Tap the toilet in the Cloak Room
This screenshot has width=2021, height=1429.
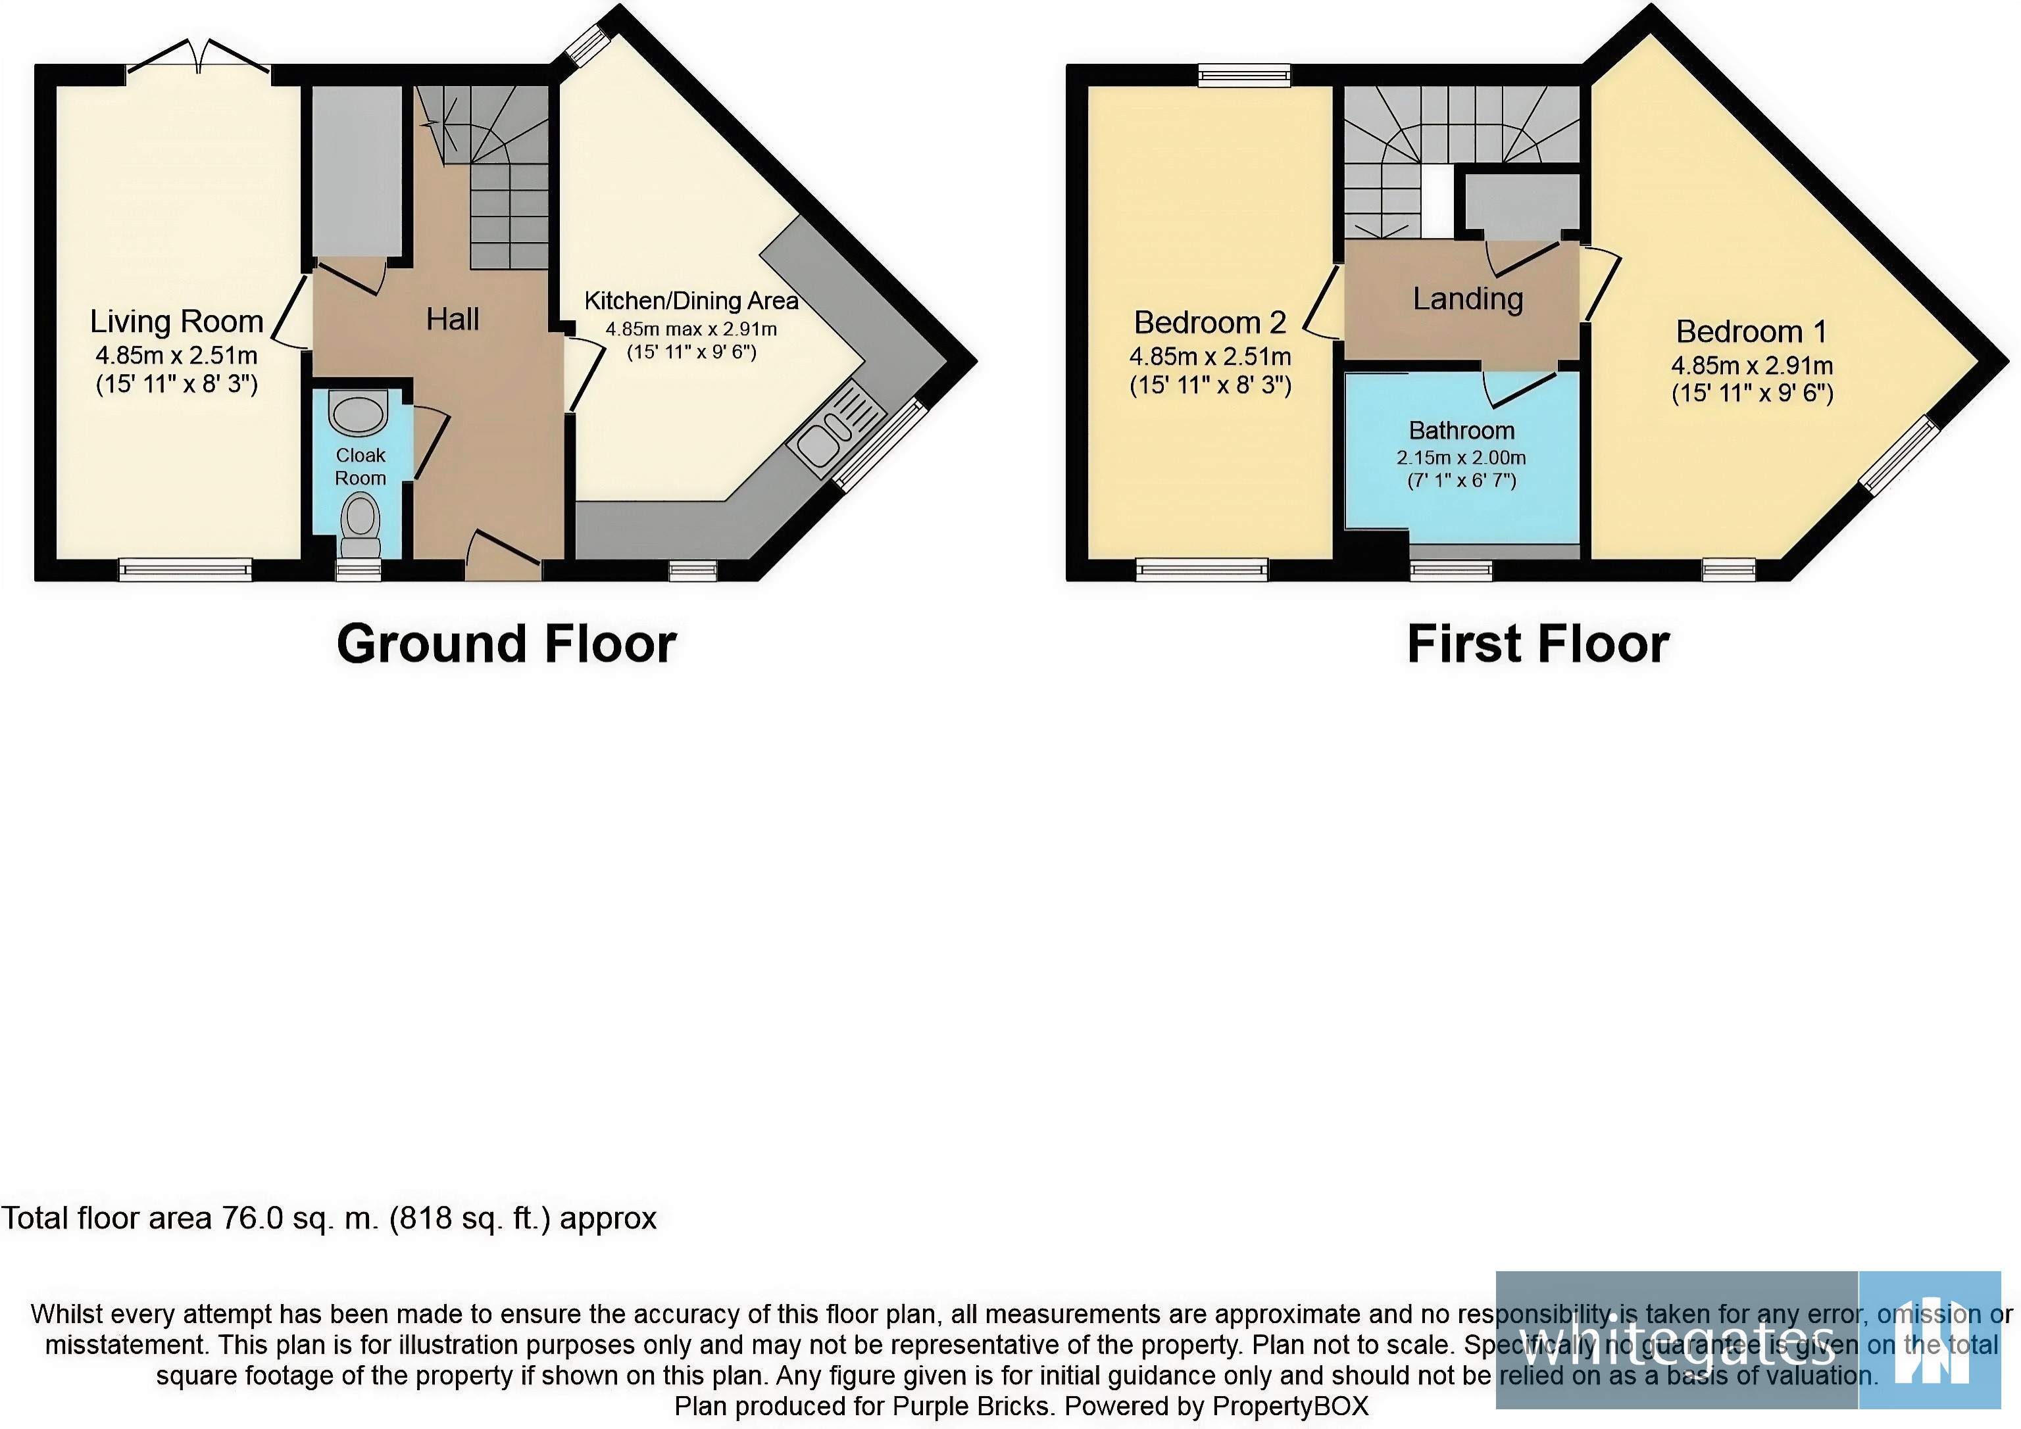click(x=360, y=521)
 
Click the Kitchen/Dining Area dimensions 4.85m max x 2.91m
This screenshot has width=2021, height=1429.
click(x=691, y=329)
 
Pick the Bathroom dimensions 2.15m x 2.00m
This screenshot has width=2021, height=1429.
click(x=1461, y=458)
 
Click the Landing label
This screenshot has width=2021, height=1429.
click(x=1467, y=299)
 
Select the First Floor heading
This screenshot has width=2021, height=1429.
click(x=1537, y=644)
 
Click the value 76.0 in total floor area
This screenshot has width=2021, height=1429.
click(x=252, y=1219)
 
